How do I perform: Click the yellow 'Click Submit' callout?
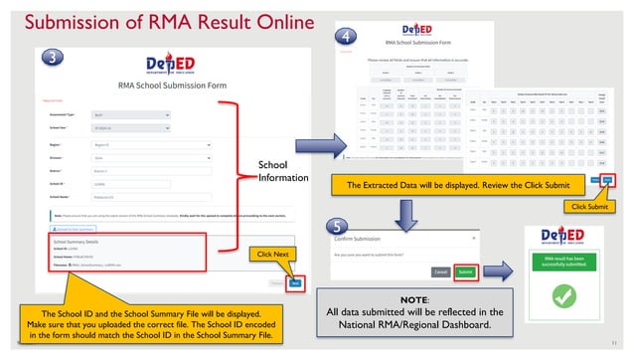586,206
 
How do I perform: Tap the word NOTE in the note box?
413,299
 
